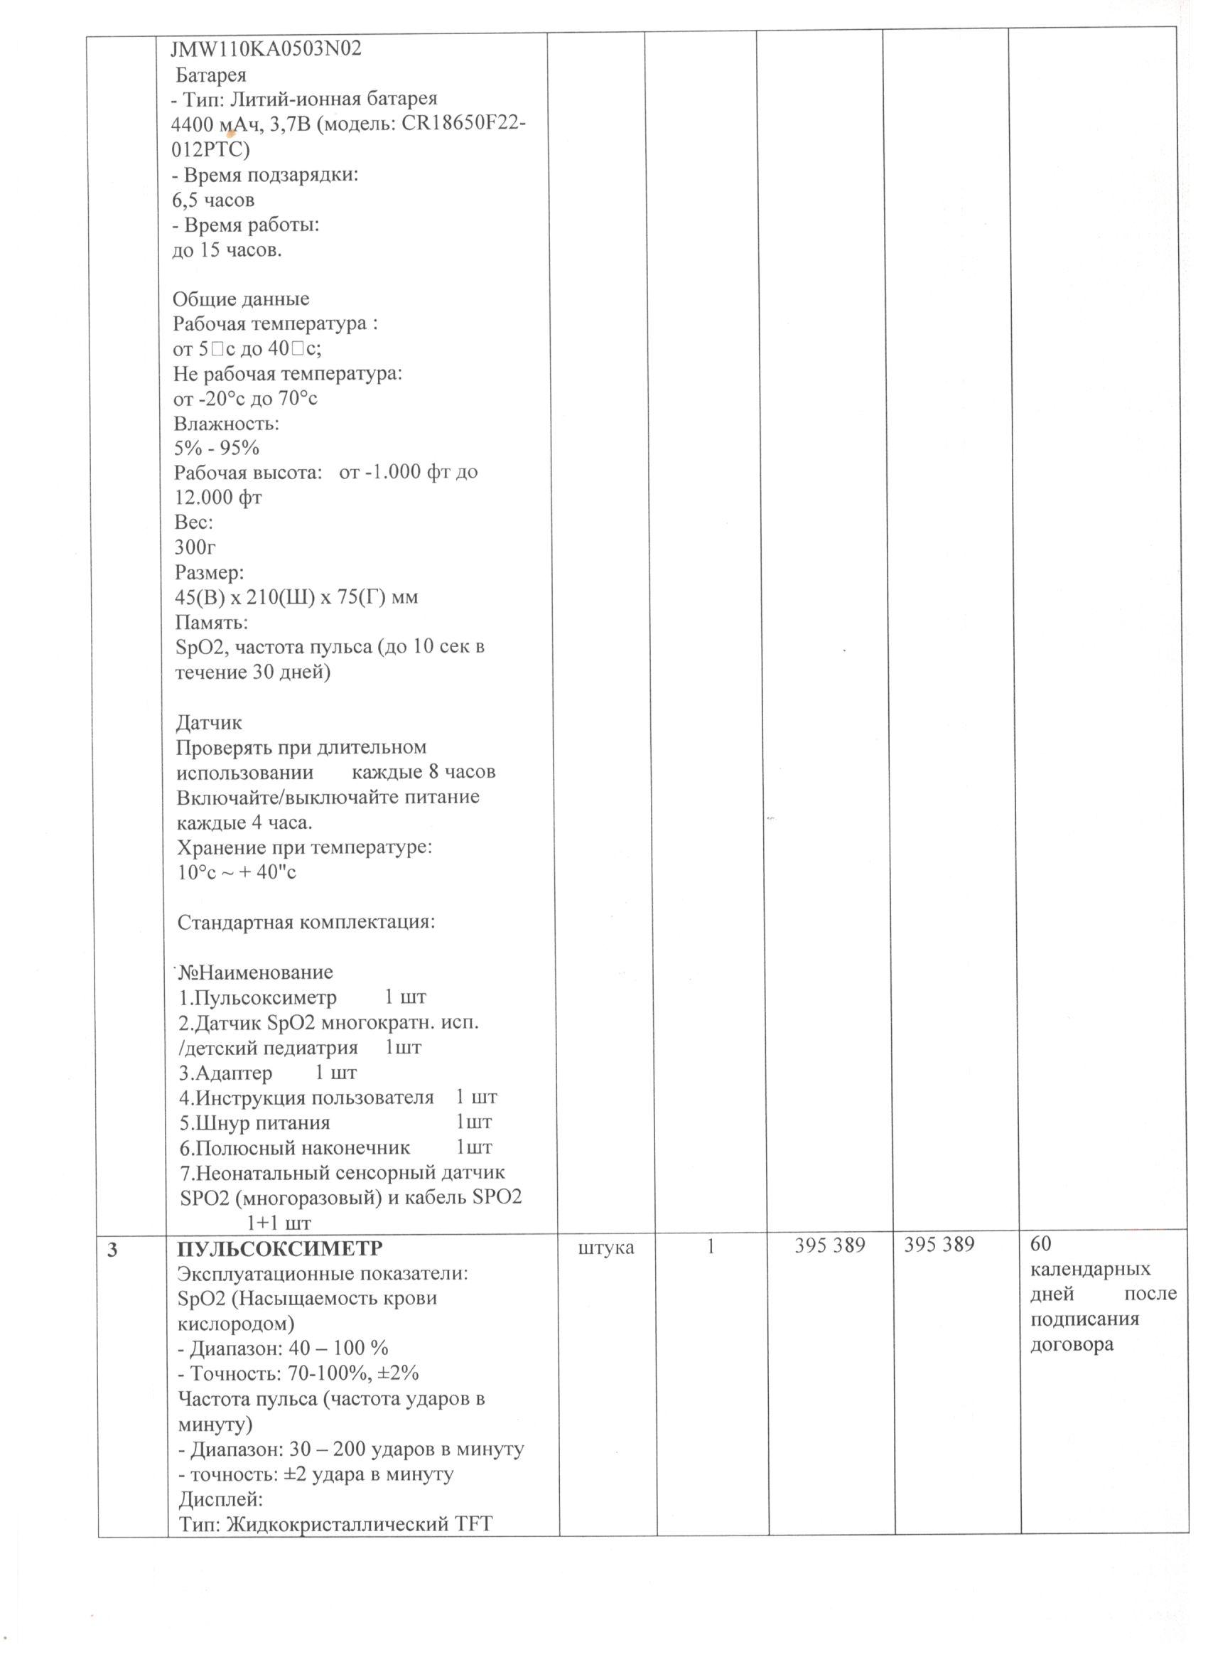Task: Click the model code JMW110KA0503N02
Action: tap(266, 49)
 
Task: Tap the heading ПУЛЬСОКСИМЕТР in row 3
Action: tap(281, 1248)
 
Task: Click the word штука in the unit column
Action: tap(606, 1248)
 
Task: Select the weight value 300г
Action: tap(195, 547)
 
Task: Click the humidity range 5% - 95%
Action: tap(216, 448)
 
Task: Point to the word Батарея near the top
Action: tap(211, 75)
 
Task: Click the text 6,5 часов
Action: tap(213, 200)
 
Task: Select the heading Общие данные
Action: tap(241, 299)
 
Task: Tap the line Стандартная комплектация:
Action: tap(306, 922)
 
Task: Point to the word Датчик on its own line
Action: tap(209, 722)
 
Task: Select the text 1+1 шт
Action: tap(279, 1222)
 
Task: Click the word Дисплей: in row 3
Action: tap(215, 1499)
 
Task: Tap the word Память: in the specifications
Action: tap(212, 622)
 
